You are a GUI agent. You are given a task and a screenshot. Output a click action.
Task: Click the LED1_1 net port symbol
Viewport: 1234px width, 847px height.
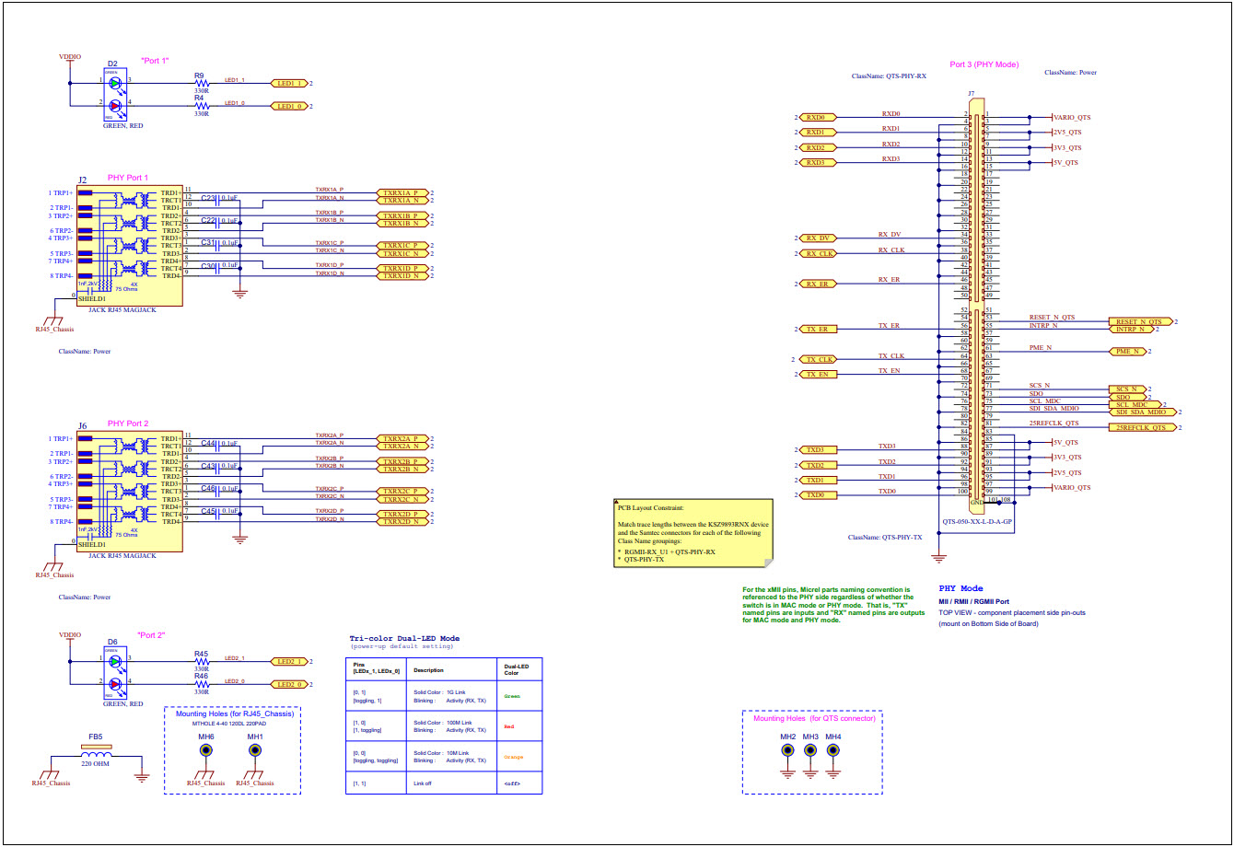pyautogui.click(x=290, y=83)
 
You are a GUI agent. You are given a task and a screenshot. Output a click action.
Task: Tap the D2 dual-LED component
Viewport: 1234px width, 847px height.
pyautogui.click(x=114, y=95)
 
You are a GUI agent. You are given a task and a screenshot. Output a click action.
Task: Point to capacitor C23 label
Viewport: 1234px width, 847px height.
pyautogui.click(x=208, y=198)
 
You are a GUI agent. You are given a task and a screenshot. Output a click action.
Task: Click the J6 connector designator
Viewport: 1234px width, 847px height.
pyautogui.click(x=83, y=426)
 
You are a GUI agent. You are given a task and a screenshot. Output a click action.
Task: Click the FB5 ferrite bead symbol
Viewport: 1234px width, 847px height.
pyautogui.click(x=96, y=748)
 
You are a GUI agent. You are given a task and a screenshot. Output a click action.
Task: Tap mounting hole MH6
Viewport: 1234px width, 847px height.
pyautogui.click(x=206, y=750)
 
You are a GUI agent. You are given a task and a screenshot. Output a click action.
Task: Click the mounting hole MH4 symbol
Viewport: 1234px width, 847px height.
pyautogui.click(x=833, y=749)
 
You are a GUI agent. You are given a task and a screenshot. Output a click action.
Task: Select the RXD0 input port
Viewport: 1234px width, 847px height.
pyautogui.click(x=819, y=118)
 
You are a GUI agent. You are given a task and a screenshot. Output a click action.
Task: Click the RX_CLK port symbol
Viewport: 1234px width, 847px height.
pyautogui.click(x=819, y=253)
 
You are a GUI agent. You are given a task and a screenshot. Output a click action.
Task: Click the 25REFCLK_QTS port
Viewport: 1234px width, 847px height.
pyautogui.click(x=1141, y=427)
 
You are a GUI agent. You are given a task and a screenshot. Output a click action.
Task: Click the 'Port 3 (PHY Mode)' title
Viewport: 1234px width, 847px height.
pyautogui.click(x=984, y=64)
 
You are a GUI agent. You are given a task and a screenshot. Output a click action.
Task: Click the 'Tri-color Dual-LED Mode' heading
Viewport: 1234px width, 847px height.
pyautogui.click(x=404, y=638)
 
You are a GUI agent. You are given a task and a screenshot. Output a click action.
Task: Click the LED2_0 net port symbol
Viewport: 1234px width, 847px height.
pyautogui.click(x=290, y=685)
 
